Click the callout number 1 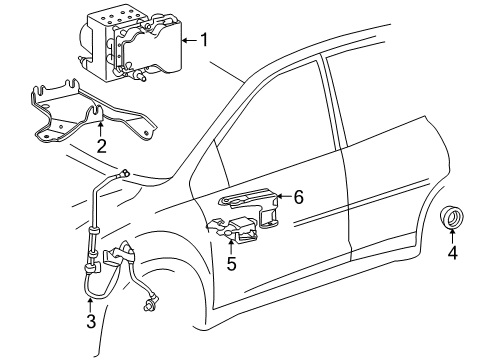[x=207, y=41]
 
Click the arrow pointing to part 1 [x=189, y=41]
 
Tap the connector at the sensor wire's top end [x=123, y=174]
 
